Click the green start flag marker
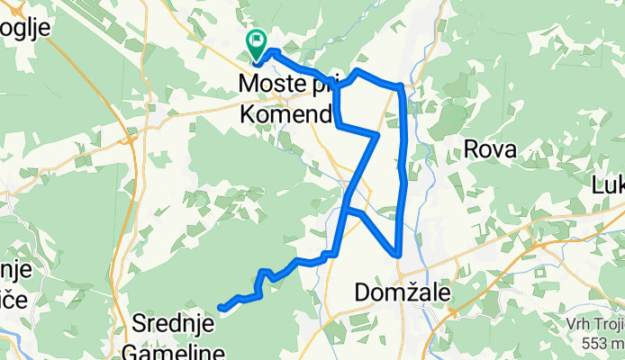point(255,41)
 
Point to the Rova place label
point(490,149)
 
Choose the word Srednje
point(172,321)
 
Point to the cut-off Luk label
point(608,185)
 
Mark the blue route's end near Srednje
point(222,309)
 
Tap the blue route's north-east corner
point(400,86)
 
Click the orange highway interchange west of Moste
point(131,139)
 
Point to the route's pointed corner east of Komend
point(376,136)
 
